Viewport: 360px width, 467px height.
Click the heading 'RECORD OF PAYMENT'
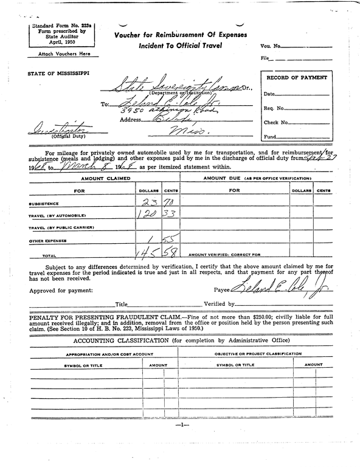pyautogui.click(x=297, y=78)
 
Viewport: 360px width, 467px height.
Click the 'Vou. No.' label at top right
pyautogui.click(x=271, y=46)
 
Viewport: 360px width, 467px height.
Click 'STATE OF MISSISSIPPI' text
pyautogui.click(x=58, y=74)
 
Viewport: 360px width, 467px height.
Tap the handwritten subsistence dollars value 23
pyautogui.click(x=150, y=202)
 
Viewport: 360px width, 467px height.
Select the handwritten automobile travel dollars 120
pyautogui.click(x=148, y=215)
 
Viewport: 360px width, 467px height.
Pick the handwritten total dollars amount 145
pyautogui.click(x=148, y=252)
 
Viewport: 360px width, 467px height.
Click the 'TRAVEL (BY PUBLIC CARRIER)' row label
pyautogui.click(x=61, y=227)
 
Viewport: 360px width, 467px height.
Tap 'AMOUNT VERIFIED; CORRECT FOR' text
pyautogui.click(x=224, y=254)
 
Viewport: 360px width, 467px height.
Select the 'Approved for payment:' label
pyautogui.click(x=60, y=291)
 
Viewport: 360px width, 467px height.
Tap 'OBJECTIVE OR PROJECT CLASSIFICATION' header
pyautogui.click(x=258, y=354)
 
